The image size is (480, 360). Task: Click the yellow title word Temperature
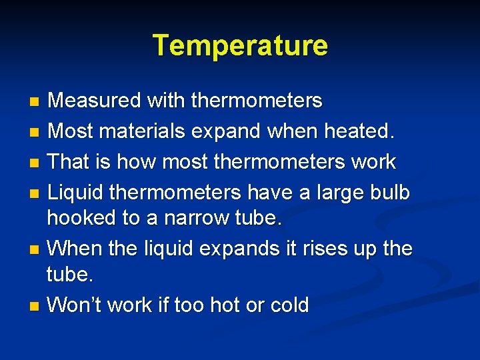240,46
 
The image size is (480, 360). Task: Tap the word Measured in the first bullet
95,101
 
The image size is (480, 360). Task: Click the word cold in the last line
289,305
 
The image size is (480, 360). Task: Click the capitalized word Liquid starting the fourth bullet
77,193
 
